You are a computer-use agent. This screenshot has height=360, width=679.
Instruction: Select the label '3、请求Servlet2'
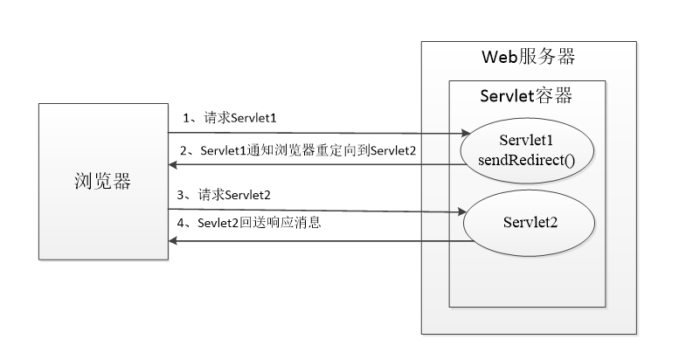(229, 193)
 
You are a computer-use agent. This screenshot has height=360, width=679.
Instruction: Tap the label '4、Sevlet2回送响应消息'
(249, 223)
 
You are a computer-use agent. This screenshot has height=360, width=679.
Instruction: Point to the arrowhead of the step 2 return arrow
(175, 164)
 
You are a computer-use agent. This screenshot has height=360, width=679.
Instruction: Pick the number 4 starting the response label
(182, 223)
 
